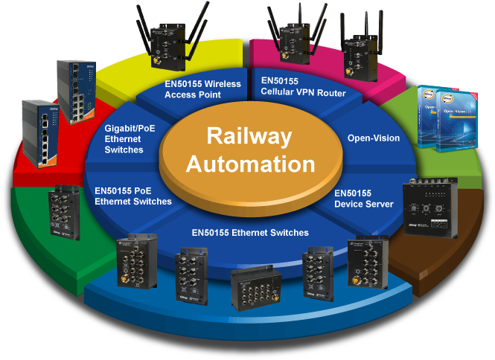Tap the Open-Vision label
[x=373, y=138]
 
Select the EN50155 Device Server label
[x=363, y=198]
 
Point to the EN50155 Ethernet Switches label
[x=249, y=232]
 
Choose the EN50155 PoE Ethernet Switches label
[x=133, y=196]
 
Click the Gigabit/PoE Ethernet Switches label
[x=124, y=139]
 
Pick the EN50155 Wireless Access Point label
[x=202, y=89]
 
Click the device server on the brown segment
[x=429, y=210]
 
